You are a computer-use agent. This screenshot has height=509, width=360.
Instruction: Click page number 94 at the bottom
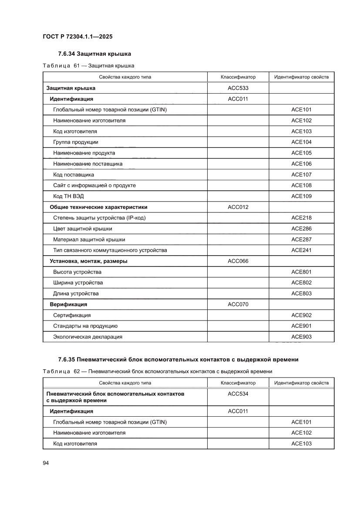coord(46,463)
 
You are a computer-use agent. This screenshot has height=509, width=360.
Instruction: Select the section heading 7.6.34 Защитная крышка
coord(94,54)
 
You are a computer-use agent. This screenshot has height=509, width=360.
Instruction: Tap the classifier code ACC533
coord(238,88)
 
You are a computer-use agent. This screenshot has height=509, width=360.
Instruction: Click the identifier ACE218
coord(301,218)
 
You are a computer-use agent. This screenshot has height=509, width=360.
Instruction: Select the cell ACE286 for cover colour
coord(301,229)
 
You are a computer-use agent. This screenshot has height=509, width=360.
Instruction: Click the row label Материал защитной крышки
coord(89,239)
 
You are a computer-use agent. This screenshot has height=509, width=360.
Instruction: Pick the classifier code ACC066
coord(238,261)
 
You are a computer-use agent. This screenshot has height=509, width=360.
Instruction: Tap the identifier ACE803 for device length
coord(301,293)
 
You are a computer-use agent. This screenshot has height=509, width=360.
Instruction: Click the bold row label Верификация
coord(68,304)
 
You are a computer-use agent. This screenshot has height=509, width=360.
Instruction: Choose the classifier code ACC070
coord(238,304)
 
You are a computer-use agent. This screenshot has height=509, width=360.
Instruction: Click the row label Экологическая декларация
coord(87,337)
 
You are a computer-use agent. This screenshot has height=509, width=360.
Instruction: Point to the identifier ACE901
coord(301,326)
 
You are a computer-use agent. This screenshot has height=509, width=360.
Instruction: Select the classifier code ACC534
coord(238,394)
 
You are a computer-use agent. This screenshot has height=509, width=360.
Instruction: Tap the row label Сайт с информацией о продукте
coord(94,185)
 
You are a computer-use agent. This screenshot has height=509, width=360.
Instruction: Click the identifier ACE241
coord(301,250)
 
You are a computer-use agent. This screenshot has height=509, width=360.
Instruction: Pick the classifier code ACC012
coord(238,207)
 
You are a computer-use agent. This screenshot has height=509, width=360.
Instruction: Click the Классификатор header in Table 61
coord(238,77)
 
